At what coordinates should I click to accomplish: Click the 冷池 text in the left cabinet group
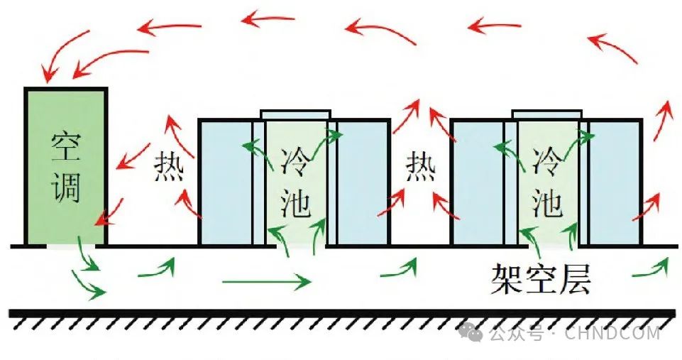click(x=295, y=181)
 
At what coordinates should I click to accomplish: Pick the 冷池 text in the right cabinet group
click(x=547, y=181)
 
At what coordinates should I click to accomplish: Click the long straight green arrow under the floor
click(x=266, y=282)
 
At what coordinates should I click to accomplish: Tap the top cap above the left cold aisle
click(x=295, y=114)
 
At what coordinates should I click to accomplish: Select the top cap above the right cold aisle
click(x=547, y=114)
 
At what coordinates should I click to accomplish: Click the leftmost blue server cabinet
click(x=225, y=182)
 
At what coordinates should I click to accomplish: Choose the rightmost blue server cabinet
click(x=615, y=182)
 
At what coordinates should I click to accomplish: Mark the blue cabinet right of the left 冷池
click(x=361, y=182)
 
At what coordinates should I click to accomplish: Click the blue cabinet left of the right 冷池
click(x=478, y=182)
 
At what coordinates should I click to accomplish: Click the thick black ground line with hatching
click(x=341, y=313)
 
